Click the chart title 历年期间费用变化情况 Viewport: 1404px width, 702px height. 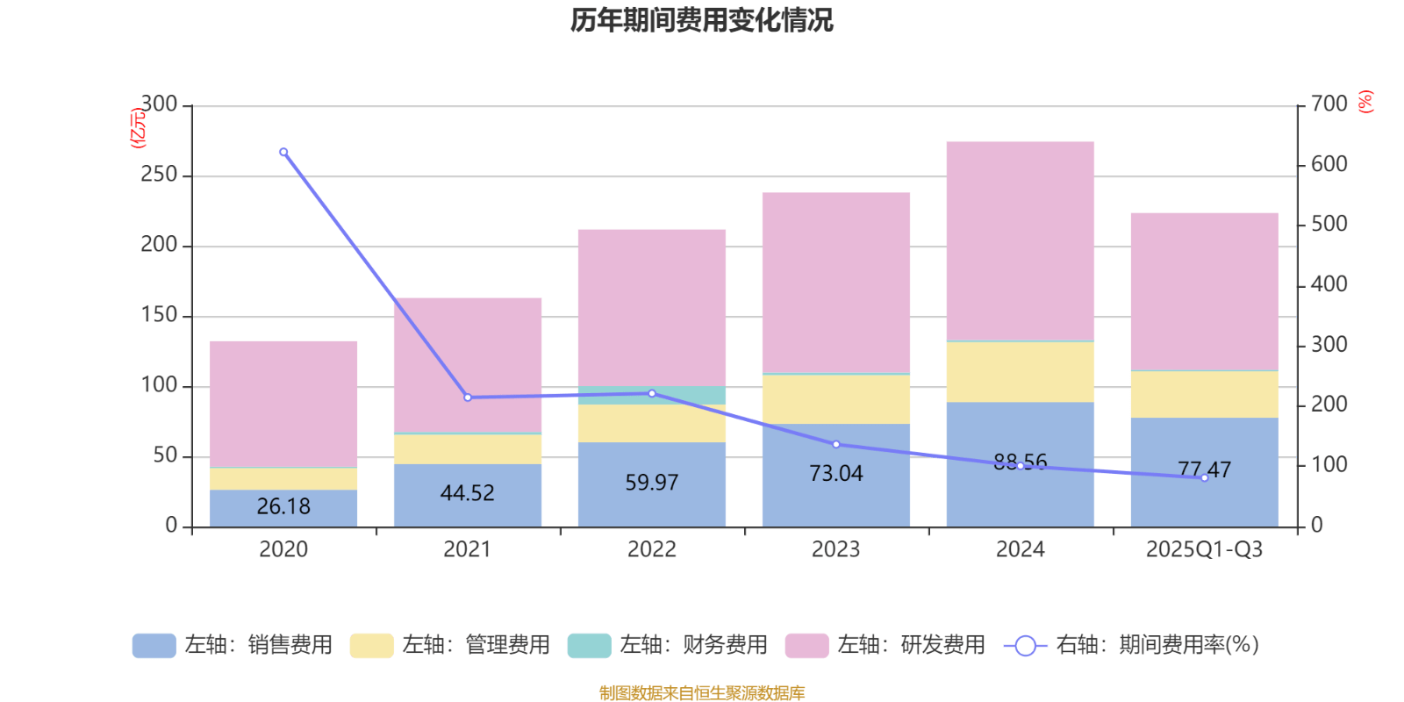point(701,20)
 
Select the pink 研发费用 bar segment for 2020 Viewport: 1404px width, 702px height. point(283,404)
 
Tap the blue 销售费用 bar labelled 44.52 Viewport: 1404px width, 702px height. point(467,495)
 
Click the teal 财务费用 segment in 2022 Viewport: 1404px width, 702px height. point(651,395)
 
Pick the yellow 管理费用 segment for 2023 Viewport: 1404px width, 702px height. point(835,399)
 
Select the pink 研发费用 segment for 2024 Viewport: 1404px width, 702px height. point(1020,240)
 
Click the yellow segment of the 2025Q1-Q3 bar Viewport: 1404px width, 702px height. point(1204,394)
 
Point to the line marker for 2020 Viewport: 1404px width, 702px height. point(283,152)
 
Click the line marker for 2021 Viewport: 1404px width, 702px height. point(468,398)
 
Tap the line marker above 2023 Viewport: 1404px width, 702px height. point(835,444)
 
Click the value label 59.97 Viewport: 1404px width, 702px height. point(651,483)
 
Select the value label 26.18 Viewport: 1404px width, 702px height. point(283,506)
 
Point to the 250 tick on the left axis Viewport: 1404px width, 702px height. point(159,175)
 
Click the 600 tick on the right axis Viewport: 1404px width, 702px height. point(1329,164)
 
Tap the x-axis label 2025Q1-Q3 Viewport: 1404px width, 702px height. point(1204,550)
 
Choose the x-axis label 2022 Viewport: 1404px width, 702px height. point(651,550)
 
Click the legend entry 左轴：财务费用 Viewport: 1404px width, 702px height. point(693,645)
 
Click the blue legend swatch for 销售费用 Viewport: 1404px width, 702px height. point(154,646)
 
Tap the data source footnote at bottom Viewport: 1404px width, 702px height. point(701,693)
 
